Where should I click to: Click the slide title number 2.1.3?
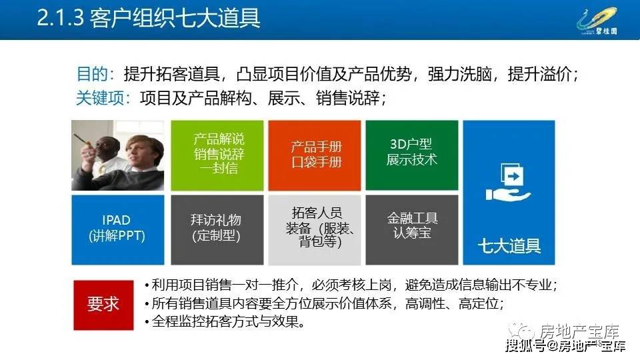point(61,19)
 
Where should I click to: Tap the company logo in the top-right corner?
point(597,21)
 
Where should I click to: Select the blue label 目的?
point(92,74)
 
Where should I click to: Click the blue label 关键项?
point(101,98)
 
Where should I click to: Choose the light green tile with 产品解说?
point(217,155)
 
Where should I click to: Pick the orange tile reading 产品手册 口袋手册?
point(315,155)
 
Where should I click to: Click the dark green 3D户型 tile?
point(412,155)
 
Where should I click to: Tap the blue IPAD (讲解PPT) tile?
point(118,230)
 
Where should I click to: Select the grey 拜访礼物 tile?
point(217,230)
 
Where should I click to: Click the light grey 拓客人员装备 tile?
point(315,230)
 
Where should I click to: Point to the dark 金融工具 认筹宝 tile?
point(412,230)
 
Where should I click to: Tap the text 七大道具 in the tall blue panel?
point(509,246)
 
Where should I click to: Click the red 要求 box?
point(104,305)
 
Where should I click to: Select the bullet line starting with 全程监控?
point(225,321)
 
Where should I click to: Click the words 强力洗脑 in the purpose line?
point(459,74)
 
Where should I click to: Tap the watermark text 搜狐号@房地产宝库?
point(565,347)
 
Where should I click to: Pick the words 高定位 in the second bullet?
point(479,303)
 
